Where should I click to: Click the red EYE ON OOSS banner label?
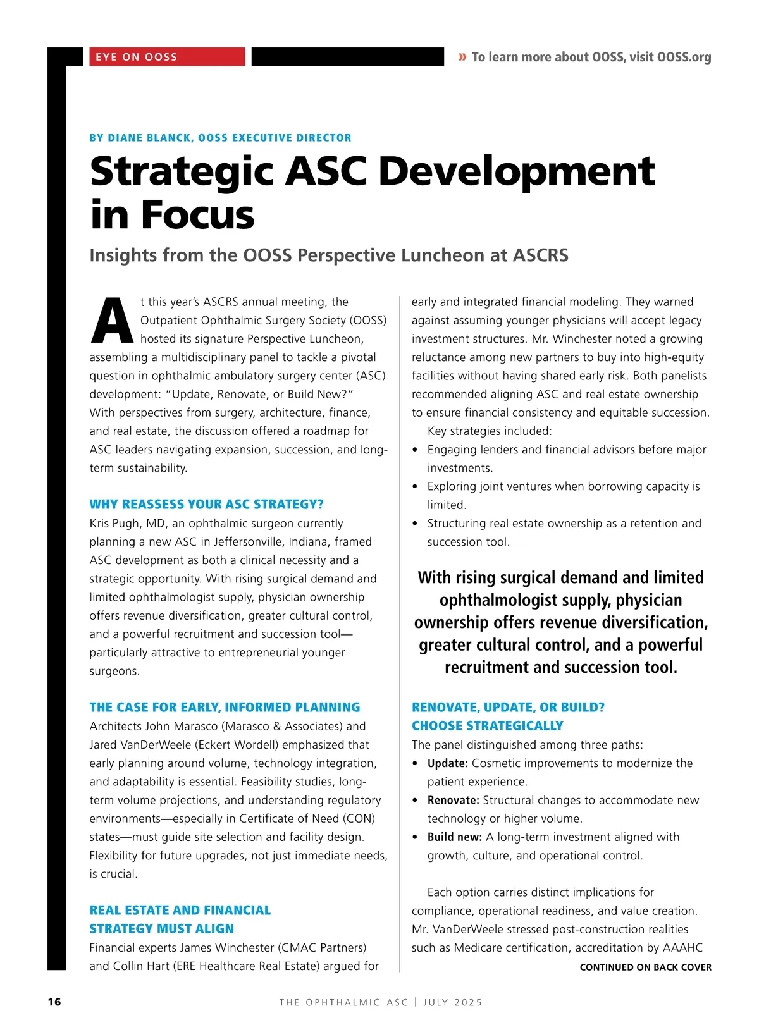(x=137, y=57)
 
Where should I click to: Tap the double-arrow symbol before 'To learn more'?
(x=462, y=57)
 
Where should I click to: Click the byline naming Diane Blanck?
(x=220, y=138)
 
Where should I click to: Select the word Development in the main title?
(x=517, y=171)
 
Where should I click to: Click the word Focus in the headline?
(x=197, y=215)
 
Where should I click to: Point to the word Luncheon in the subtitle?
(x=441, y=255)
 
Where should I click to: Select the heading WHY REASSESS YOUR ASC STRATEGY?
(x=206, y=505)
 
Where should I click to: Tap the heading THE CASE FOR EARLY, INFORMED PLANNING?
(x=225, y=708)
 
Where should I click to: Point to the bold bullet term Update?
(x=447, y=763)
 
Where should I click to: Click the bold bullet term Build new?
(x=454, y=837)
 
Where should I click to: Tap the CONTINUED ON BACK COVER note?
(x=645, y=967)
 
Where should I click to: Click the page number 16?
(x=54, y=1002)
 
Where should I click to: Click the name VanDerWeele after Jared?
(x=154, y=745)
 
